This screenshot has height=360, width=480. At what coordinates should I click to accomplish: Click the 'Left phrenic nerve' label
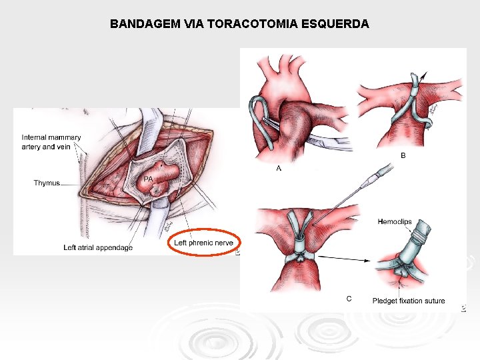pyautogui.click(x=203, y=243)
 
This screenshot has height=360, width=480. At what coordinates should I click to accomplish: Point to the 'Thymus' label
pyautogui.click(x=47, y=183)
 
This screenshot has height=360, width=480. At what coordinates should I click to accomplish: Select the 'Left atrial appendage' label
pyautogui.click(x=98, y=247)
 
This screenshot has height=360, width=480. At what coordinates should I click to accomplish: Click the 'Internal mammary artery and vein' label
pyautogui.click(x=51, y=142)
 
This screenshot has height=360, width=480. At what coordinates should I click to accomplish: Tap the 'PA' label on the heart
pyautogui.click(x=149, y=179)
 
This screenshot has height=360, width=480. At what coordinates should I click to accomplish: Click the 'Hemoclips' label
pyautogui.click(x=395, y=222)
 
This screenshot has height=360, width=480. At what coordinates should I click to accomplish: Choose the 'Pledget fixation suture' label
pyautogui.click(x=409, y=301)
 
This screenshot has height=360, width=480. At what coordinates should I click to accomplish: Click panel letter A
pyautogui.click(x=279, y=169)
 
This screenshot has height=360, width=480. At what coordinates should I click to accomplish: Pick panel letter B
pyautogui.click(x=403, y=155)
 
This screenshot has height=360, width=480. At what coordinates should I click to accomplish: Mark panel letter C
pyautogui.click(x=349, y=298)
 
